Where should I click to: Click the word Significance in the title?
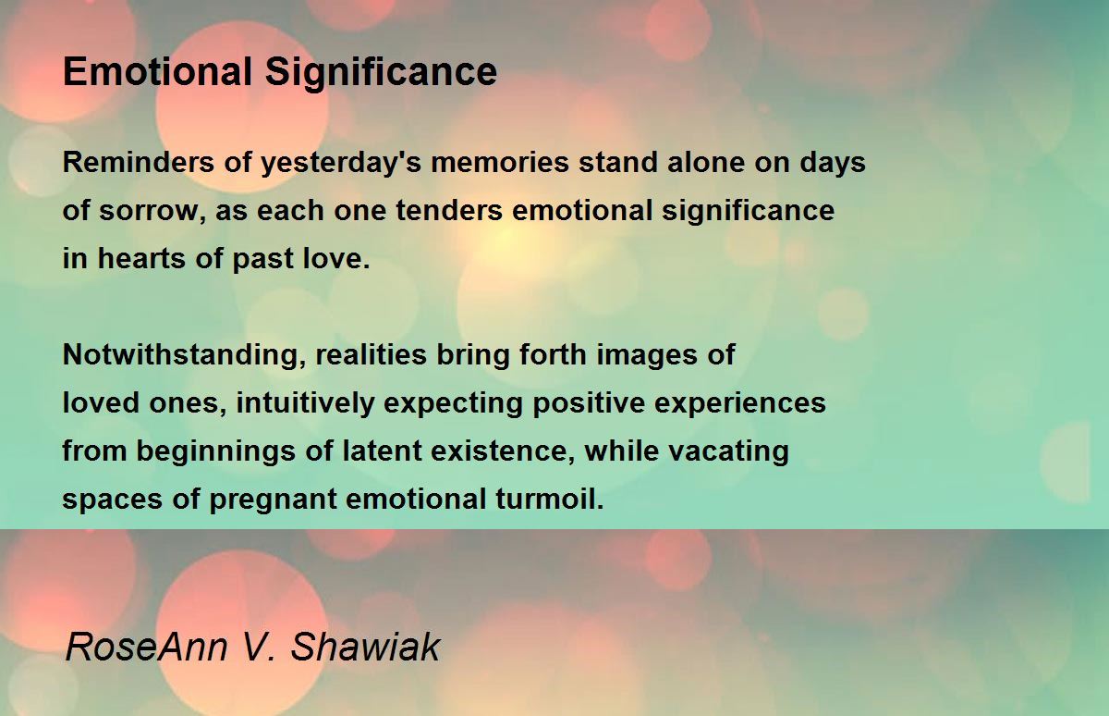(381, 73)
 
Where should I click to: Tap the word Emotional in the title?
(157, 71)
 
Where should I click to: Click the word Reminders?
(138, 162)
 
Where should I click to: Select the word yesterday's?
(341, 164)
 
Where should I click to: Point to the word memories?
(500, 162)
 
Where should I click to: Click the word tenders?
(449, 210)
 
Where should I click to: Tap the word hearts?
(141, 258)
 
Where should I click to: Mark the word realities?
(371, 355)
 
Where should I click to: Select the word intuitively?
(305, 403)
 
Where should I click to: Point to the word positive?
(589, 403)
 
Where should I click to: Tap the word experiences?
(740, 403)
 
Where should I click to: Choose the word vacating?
(728, 451)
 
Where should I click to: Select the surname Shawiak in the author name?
(365, 647)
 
